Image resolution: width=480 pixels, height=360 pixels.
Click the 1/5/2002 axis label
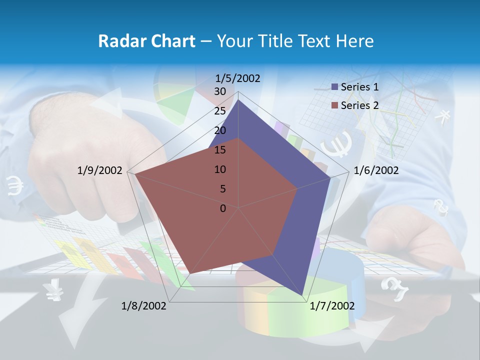coord(238,78)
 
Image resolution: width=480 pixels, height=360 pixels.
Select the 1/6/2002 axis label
coord(376,171)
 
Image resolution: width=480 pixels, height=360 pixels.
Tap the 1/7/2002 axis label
coord(332,306)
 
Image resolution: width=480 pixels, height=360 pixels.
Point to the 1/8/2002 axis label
coord(144,306)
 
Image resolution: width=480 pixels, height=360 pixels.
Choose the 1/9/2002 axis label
coord(100,171)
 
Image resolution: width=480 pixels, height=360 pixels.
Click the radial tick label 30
coord(220,91)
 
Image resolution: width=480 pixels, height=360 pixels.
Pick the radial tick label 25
coord(220,111)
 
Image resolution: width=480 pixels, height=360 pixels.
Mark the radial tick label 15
coord(220,150)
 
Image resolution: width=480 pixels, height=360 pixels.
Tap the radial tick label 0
coord(223,208)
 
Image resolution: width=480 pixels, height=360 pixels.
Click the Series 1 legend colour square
coord(335,87)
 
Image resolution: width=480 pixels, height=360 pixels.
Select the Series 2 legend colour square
coord(335,105)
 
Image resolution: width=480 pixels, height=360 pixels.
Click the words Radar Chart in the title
coord(146,41)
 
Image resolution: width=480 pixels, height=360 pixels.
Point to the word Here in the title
coord(355,41)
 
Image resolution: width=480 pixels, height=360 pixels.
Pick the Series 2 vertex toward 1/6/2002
coord(297,188)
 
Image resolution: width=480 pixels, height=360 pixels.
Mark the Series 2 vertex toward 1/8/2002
coord(190,273)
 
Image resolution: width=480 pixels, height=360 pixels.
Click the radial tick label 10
coord(220,169)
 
